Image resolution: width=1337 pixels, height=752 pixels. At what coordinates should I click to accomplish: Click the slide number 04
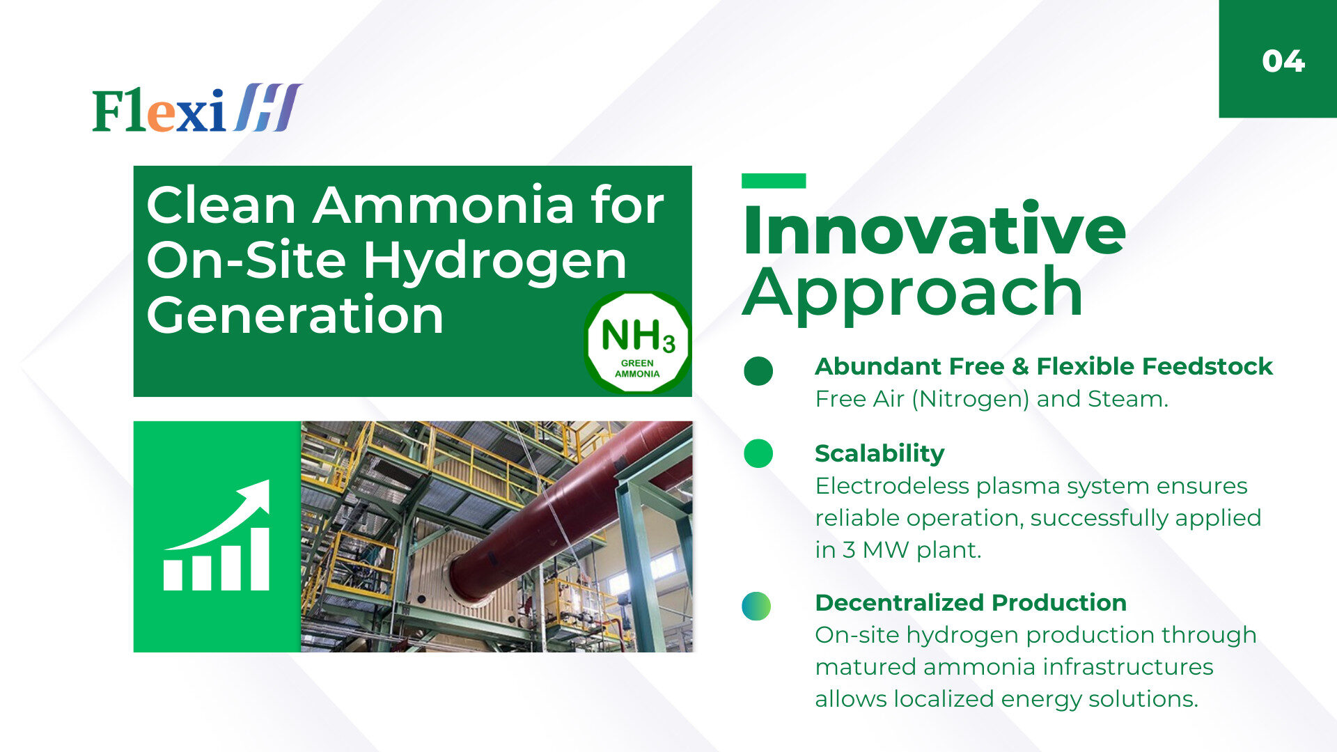[1283, 61]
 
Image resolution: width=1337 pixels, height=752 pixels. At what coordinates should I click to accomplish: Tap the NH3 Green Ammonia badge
[637, 343]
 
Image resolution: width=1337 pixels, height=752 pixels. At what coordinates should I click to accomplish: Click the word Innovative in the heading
[934, 229]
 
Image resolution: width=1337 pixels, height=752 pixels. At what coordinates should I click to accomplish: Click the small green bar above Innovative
[774, 181]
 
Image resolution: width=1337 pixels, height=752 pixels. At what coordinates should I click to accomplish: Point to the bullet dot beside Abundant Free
[758, 371]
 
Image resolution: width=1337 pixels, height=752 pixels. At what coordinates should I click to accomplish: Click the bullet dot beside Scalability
[758, 453]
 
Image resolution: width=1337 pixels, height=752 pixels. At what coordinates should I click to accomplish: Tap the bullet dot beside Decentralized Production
[757, 606]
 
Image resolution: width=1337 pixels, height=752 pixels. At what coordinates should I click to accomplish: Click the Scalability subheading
[879, 454]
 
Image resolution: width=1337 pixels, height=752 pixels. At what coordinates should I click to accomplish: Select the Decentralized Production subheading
[971, 602]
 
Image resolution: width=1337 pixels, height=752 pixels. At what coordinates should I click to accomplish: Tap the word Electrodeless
[892, 486]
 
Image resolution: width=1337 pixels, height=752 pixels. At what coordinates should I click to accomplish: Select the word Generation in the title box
[295, 315]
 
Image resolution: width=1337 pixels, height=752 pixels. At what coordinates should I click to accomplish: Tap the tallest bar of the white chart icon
[259, 559]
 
